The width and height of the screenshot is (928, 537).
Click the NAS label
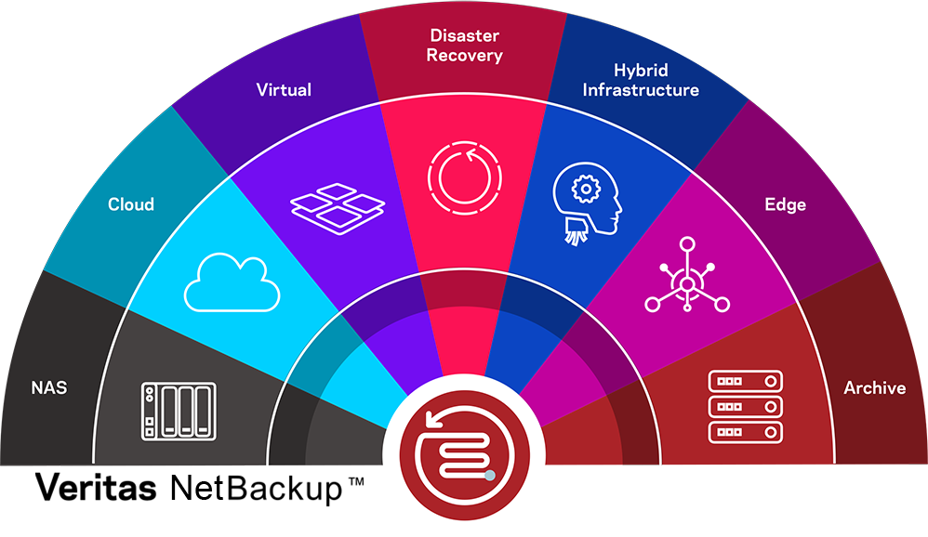(x=48, y=387)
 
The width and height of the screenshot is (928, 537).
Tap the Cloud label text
(x=131, y=204)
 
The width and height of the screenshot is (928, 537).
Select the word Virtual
(x=284, y=90)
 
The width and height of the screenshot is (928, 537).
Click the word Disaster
(x=464, y=36)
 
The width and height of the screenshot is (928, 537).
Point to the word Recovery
(x=464, y=56)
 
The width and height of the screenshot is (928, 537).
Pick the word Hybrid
(x=641, y=71)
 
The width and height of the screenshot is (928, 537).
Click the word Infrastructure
(x=641, y=90)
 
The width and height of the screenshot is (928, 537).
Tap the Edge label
(x=785, y=204)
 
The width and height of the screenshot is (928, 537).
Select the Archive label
(x=874, y=388)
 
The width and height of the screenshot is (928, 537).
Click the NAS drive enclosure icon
(x=178, y=410)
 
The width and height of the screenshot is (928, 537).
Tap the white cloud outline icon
(x=232, y=282)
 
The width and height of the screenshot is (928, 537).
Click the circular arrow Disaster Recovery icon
(x=464, y=176)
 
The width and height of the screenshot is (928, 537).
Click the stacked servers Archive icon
(x=745, y=407)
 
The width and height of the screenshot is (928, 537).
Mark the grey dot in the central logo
(x=490, y=477)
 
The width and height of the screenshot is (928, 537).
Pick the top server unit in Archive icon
(x=745, y=381)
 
